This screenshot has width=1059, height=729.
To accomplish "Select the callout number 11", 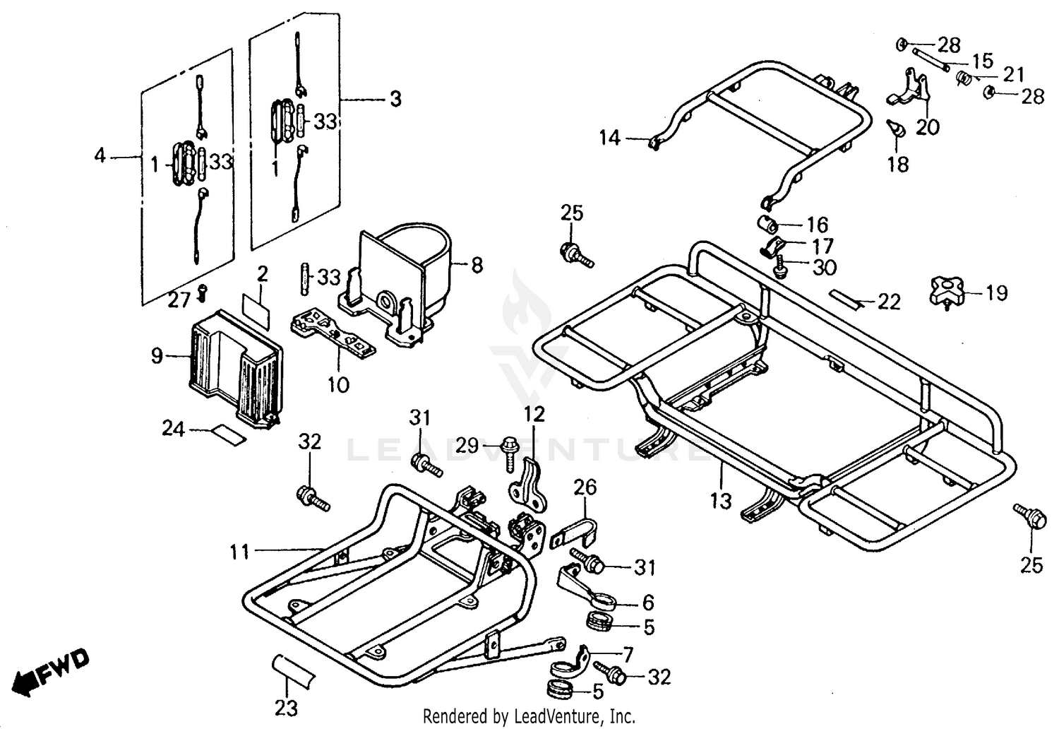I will (239, 550).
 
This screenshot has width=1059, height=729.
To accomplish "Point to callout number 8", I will (477, 266).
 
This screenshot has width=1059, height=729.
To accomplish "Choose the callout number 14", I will (609, 137).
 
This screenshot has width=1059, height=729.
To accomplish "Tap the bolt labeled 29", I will (508, 447).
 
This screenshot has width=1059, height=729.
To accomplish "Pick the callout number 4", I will (100, 154).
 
